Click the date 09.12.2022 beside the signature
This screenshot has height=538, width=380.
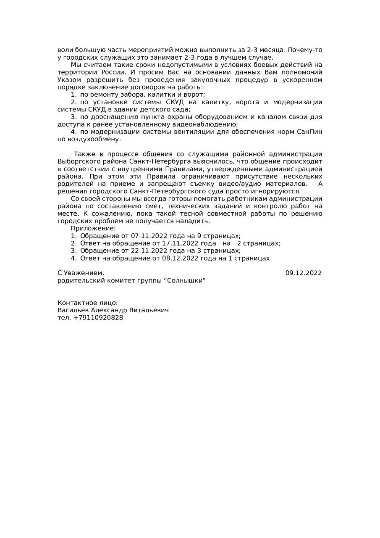click(x=303, y=273)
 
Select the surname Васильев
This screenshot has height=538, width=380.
click(x=73, y=310)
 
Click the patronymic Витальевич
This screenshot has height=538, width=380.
click(x=149, y=310)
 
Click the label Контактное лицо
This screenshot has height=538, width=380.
click(x=87, y=303)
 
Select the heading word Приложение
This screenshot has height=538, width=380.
click(x=93, y=228)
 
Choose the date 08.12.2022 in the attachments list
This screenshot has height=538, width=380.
click(x=181, y=258)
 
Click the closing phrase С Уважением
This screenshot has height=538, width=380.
click(x=81, y=273)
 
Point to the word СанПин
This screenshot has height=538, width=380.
click(x=309, y=132)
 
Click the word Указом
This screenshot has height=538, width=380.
click(x=70, y=80)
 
